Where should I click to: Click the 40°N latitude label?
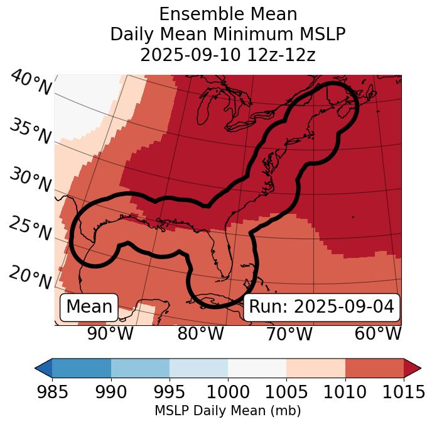click(31, 83)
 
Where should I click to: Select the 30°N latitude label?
click(30, 181)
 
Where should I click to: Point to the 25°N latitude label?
click(30, 228)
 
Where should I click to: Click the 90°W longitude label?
click(110, 334)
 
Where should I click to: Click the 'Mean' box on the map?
click(89, 307)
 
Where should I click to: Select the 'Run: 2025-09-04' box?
click(321, 307)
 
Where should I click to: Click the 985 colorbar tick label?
click(52, 393)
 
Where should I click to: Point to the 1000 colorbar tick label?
click(228, 393)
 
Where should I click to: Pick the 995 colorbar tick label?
click(170, 393)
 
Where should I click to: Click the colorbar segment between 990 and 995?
click(140, 367)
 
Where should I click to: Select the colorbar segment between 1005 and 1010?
click(316, 367)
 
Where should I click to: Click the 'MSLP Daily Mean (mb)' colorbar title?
click(228, 411)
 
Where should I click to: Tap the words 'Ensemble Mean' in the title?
click(228, 14)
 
